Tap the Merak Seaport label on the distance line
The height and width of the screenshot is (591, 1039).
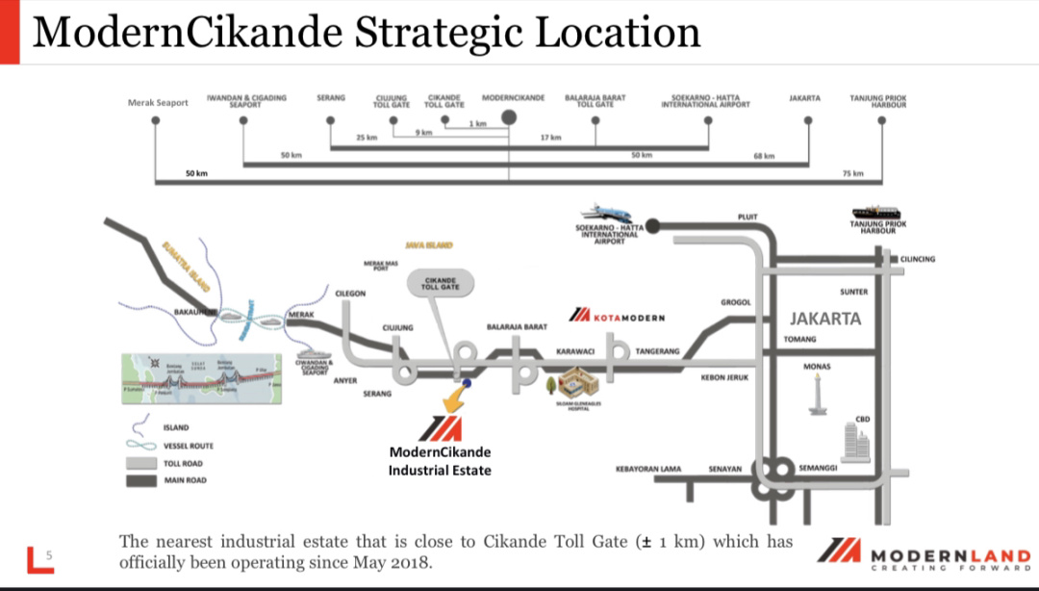point(158,103)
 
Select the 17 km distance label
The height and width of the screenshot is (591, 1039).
point(550,138)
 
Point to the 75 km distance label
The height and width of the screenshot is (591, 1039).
point(852,173)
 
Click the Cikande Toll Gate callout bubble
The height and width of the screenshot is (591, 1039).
point(441,283)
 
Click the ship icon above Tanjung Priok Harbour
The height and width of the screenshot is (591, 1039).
point(877,213)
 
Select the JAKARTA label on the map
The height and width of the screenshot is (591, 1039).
point(825,319)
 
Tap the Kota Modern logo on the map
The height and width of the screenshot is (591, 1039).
point(617,316)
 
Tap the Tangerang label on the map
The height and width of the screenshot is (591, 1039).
point(657,351)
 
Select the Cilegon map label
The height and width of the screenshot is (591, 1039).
point(350,294)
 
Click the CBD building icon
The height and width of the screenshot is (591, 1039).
point(853,441)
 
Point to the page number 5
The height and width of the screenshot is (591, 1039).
point(49,554)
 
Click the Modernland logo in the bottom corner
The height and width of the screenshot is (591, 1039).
point(924,555)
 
